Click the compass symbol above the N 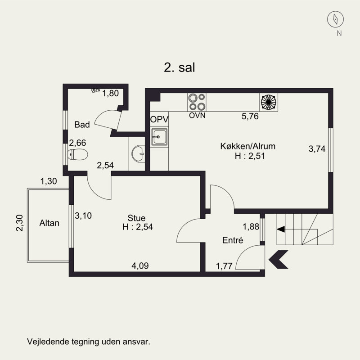335,19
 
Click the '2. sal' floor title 179,68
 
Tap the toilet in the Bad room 78,154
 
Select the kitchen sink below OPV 159,137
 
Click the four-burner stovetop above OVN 197,102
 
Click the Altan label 49,223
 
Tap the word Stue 137,218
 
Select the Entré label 233,240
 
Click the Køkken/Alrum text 248,146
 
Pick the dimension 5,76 250,117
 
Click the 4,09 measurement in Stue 140,265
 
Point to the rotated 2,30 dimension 20,223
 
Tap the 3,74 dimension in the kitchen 317,149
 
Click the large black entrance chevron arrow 278,260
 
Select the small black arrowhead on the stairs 281,229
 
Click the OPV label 159,119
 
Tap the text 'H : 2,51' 250,156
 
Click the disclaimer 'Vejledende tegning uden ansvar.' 89,342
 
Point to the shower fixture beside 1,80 95,90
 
